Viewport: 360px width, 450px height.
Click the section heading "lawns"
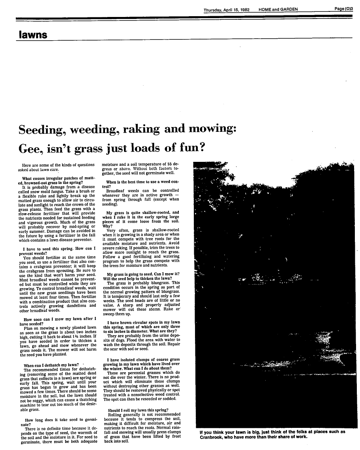[33, 35]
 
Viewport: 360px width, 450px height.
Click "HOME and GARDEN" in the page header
[279, 9]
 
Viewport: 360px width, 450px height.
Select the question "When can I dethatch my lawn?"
[50, 365]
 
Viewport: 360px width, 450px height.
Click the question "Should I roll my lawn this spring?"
[138, 410]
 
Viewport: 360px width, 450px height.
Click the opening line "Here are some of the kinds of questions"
[58, 165]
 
